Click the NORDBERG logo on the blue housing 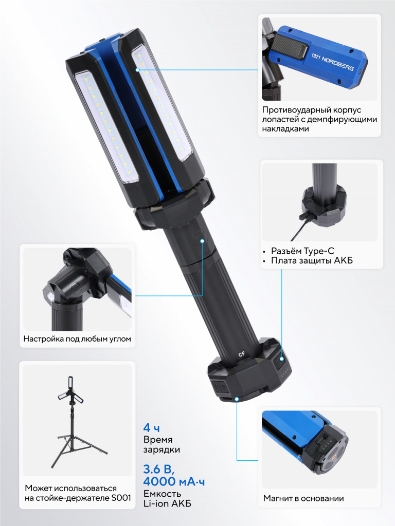pyautogui.click(x=333, y=62)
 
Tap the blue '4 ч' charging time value pyautogui.click(x=152, y=428)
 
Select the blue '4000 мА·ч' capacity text pyautogui.click(x=174, y=481)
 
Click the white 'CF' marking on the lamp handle pyautogui.click(x=242, y=354)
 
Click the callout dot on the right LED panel pyautogui.click(x=138, y=70)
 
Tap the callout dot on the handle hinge pyautogui.click(x=203, y=241)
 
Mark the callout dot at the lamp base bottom pyautogui.click(x=237, y=399)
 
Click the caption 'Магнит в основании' pyautogui.click(x=303, y=498)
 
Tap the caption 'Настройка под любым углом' pyautogui.click(x=77, y=339)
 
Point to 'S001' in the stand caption pyautogui.click(x=120, y=498)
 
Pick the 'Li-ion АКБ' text pyautogui.click(x=167, y=503)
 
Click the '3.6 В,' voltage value pyautogui.click(x=159, y=468)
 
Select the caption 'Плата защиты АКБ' pyautogui.click(x=312, y=260)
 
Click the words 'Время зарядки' pyautogui.click(x=161, y=444)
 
